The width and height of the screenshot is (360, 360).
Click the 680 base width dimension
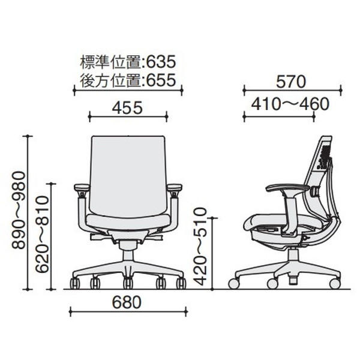coord(127,302)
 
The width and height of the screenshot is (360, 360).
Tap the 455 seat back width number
coord(127,108)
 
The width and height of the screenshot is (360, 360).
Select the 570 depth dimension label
coord(291,82)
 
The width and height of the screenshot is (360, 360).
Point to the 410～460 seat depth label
coord(290,104)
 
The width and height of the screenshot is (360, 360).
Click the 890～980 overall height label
coord(19,211)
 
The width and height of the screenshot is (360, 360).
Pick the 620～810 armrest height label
coord(43,234)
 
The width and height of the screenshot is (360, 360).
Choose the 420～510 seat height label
coord(200,247)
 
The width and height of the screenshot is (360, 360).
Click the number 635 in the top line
coord(161,62)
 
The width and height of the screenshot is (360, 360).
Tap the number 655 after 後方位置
coord(161,80)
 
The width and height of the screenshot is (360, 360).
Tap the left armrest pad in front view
coord(82,188)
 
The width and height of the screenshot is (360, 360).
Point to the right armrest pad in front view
coord(175,188)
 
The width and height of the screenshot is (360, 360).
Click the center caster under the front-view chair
coord(128,283)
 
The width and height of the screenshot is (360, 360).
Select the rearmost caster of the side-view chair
coord(335,284)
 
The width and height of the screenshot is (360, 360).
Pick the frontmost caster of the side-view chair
coord(234,284)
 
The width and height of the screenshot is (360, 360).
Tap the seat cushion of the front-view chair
coord(128,220)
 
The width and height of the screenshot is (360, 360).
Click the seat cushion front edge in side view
coord(247,223)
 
